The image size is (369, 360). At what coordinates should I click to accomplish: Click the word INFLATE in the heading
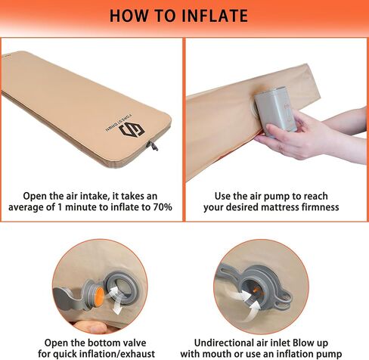(x=215, y=16)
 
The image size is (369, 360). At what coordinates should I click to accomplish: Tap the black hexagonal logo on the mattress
(x=132, y=129)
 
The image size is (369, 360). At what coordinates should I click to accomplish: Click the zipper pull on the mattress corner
(x=153, y=146)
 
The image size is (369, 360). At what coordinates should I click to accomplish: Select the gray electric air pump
(x=275, y=109)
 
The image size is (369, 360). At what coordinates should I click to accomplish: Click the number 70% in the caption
(x=163, y=207)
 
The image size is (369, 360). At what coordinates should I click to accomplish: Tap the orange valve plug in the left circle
(x=99, y=293)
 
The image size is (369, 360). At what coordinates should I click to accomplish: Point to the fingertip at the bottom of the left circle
(x=94, y=327)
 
